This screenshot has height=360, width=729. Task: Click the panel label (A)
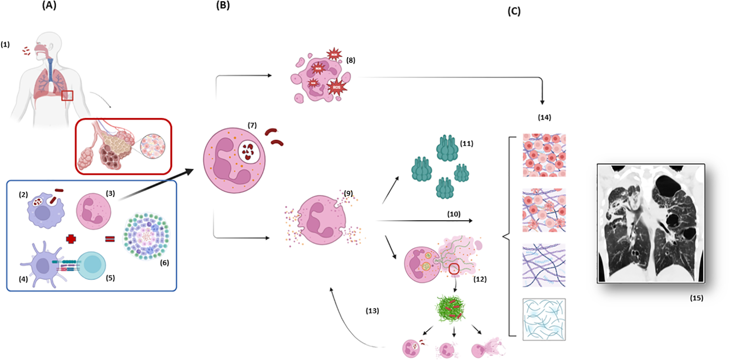pyautogui.click(x=49, y=5)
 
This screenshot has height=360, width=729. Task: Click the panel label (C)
pyautogui.click(x=514, y=11)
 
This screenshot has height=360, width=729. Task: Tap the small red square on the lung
pyautogui.click(x=67, y=95)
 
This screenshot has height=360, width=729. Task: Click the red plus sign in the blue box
pyautogui.click(x=71, y=239)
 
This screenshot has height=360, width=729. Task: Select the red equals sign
pyautogui.click(x=110, y=239)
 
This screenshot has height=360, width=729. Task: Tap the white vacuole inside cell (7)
pyautogui.click(x=249, y=152)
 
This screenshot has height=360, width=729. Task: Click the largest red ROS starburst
pyautogui.click(x=337, y=87)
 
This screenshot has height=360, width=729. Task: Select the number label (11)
pyautogui.click(x=467, y=144)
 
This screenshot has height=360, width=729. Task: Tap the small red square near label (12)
pyautogui.click(x=454, y=269)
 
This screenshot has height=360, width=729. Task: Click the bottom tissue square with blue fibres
pyautogui.click(x=544, y=320)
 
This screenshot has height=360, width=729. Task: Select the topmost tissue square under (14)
pyautogui.click(x=544, y=155)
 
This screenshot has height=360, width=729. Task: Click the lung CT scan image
pyautogui.click(x=651, y=223)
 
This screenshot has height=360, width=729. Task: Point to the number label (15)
pyautogui.click(x=696, y=298)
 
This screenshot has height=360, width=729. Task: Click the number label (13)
pyautogui.click(x=372, y=311)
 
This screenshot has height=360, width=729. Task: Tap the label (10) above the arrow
pyautogui.click(x=454, y=214)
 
